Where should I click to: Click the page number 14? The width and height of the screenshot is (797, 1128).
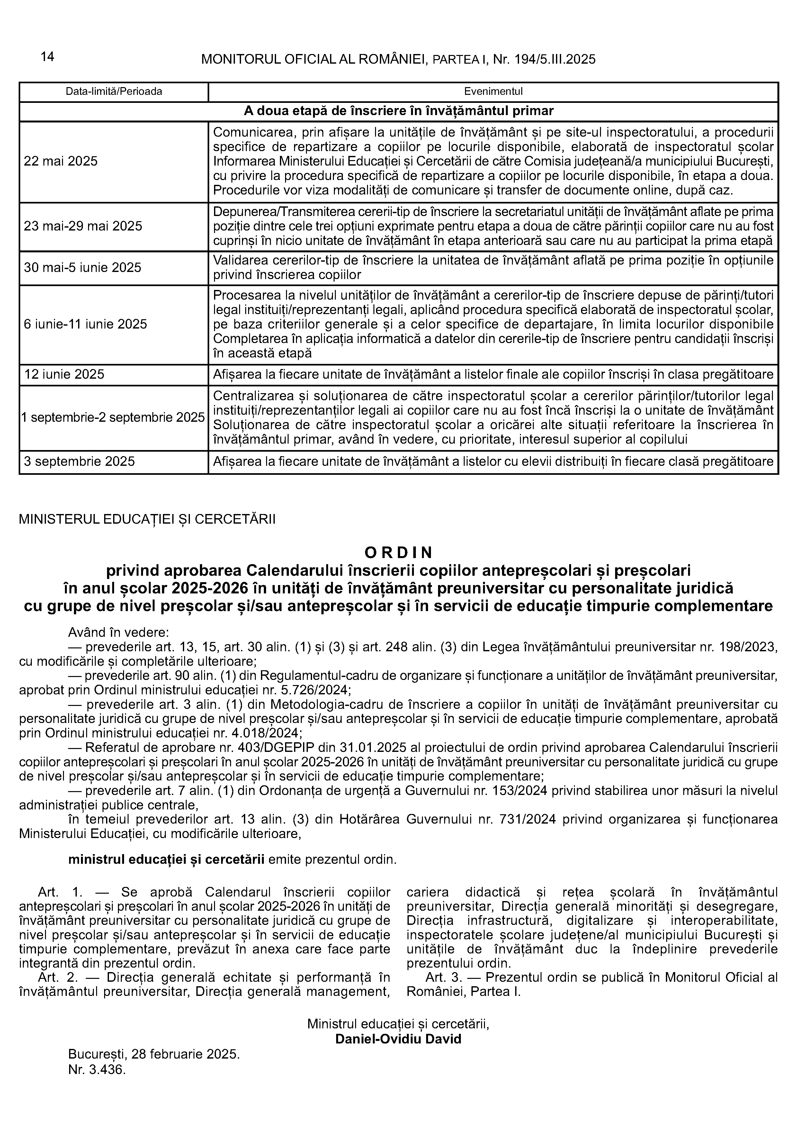click(x=47, y=57)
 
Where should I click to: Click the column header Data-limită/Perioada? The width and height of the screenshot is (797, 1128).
click(x=114, y=91)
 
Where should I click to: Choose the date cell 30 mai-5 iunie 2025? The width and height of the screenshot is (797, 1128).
click(x=83, y=268)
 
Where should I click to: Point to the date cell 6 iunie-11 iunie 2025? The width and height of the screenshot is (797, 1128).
click(x=85, y=324)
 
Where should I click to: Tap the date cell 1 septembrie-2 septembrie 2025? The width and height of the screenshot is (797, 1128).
click(x=113, y=418)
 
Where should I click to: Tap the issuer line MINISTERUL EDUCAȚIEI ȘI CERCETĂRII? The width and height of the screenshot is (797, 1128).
click(x=147, y=519)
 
